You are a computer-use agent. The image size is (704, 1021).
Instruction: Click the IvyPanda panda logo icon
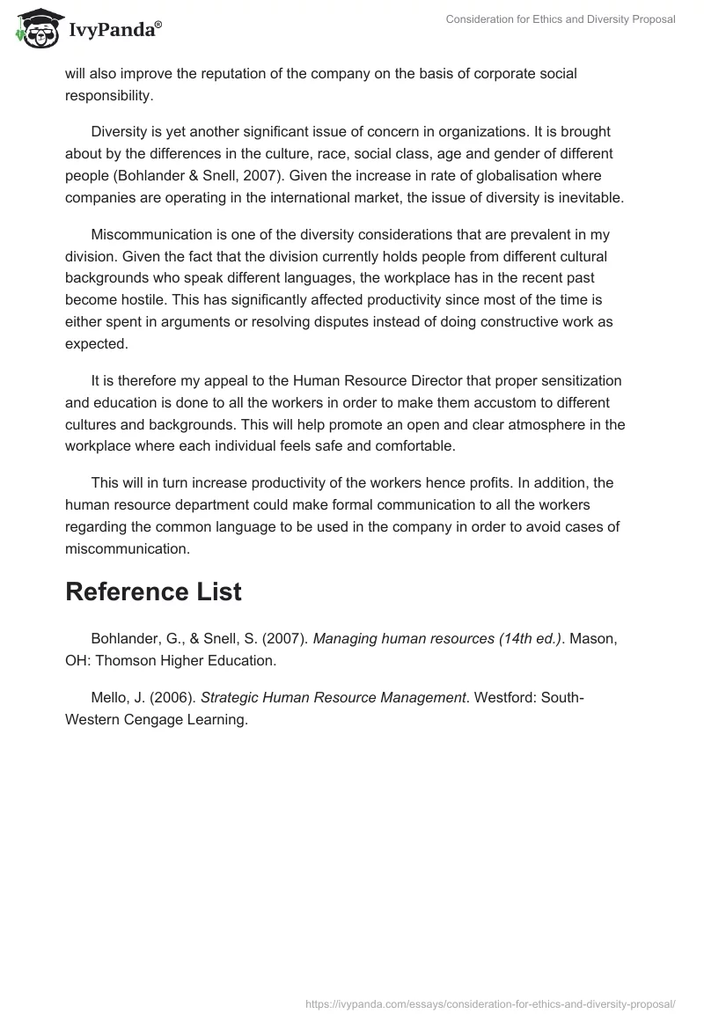pyautogui.click(x=34, y=29)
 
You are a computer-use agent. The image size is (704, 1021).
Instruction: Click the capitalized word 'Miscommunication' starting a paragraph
pyautogui.click(x=149, y=234)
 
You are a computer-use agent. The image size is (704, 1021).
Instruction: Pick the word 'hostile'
pyautogui.click(x=151, y=300)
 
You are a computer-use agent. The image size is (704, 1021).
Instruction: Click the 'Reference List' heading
pyautogui.click(x=153, y=591)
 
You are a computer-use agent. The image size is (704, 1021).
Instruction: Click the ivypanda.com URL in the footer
pyautogui.click(x=489, y=1003)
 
